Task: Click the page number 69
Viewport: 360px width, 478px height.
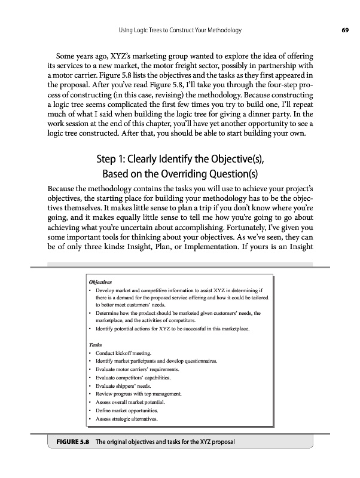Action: (345, 30)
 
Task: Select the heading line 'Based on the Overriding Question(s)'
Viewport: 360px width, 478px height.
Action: (180, 174)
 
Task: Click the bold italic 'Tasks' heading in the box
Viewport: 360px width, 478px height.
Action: (94, 345)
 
